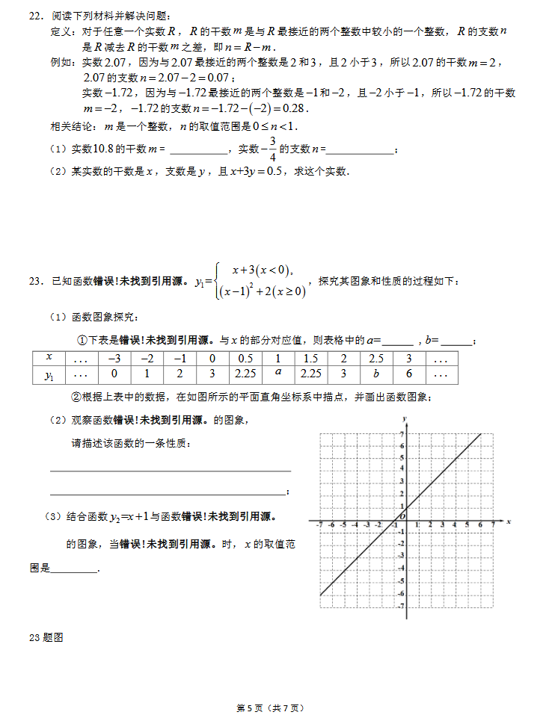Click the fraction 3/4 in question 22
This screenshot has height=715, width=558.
point(273,149)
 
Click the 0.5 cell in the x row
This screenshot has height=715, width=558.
point(245,359)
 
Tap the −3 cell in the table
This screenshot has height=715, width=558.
point(114,359)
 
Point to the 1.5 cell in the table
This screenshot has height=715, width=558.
point(310,359)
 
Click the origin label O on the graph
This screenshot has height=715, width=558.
point(401,516)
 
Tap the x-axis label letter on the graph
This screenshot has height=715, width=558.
point(508,521)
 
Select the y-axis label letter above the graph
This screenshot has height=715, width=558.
point(404,418)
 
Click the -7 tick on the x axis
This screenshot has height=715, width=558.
point(319,525)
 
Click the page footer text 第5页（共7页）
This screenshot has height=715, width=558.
point(270,707)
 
